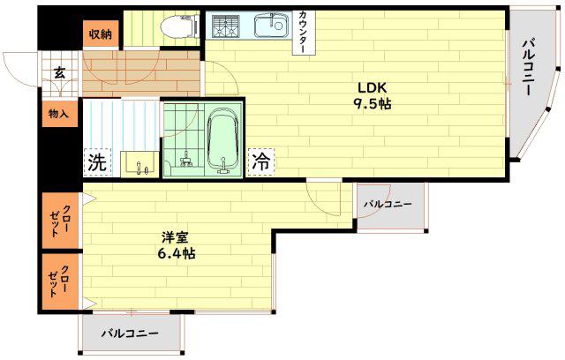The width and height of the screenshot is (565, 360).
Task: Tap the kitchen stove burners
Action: click(x=226, y=26)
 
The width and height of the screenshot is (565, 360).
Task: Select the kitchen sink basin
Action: click(x=271, y=26)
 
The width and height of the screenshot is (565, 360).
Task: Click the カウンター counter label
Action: click(x=304, y=33)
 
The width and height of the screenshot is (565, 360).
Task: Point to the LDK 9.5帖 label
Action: click(x=373, y=96)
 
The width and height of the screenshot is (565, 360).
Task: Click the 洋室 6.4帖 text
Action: click(x=177, y=245)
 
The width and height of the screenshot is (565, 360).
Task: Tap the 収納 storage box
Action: click(x=101, y=34)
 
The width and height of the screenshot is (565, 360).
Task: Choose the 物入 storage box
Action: click(x=60, y=114)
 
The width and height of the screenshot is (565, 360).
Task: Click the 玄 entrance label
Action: click(x=60, y=73)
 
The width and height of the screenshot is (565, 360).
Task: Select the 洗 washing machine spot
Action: click(x=97, y=162)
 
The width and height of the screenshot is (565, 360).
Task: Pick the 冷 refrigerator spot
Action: click(x=261, y=162)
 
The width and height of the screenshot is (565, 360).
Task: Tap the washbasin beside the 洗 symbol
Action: click(x=139, y=164)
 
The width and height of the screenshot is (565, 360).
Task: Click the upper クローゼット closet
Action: click(x=61, y=221)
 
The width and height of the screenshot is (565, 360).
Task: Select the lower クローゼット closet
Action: click(x=60, y=281)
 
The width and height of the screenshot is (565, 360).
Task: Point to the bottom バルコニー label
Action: click(x=130, y=334)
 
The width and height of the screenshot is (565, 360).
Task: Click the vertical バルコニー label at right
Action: click(x=528, y=68)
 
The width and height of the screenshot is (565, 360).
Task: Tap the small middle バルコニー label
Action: click(x=388, y=205)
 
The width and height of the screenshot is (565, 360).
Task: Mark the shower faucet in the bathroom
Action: click(x=186, y=160)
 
